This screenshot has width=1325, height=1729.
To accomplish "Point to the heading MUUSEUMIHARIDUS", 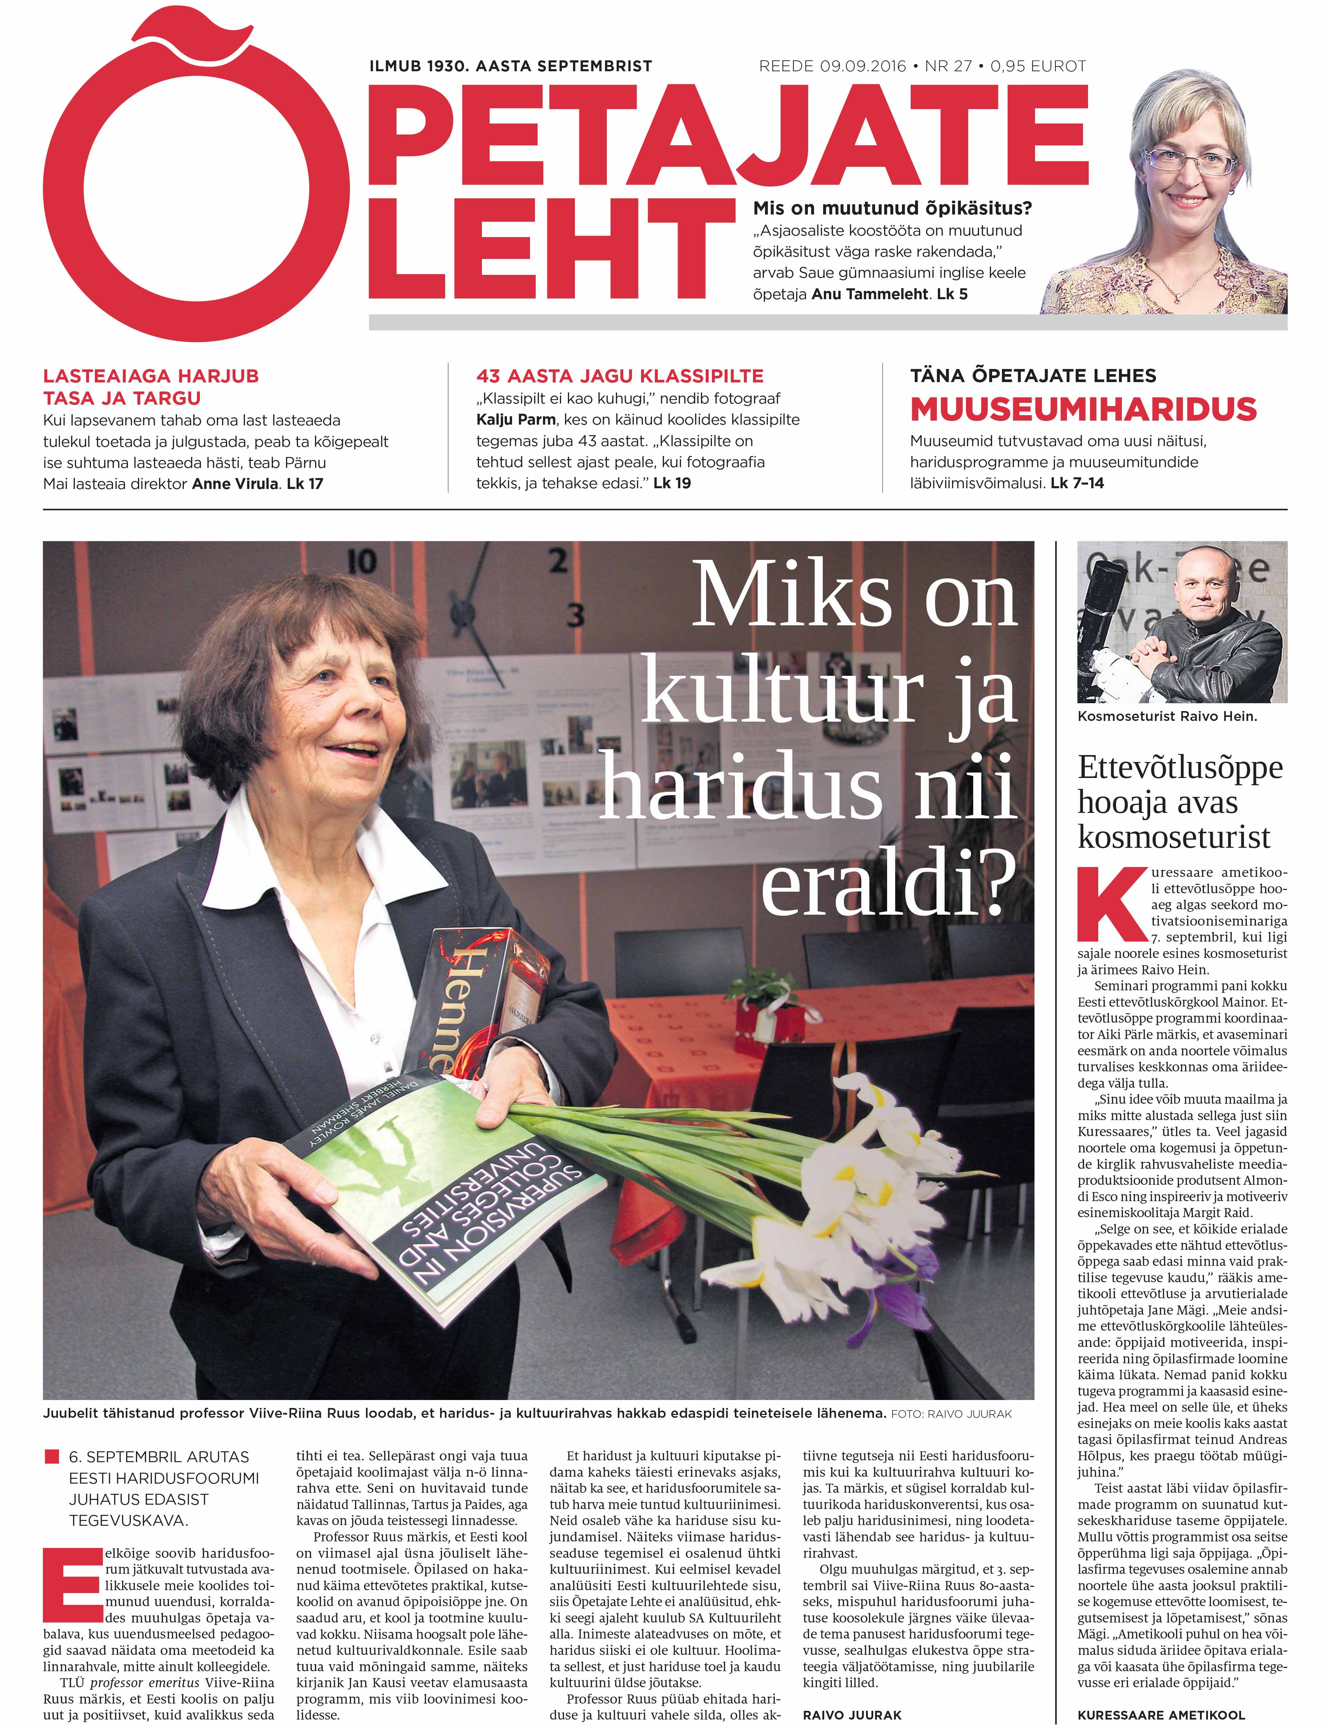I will [1083, 409].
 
